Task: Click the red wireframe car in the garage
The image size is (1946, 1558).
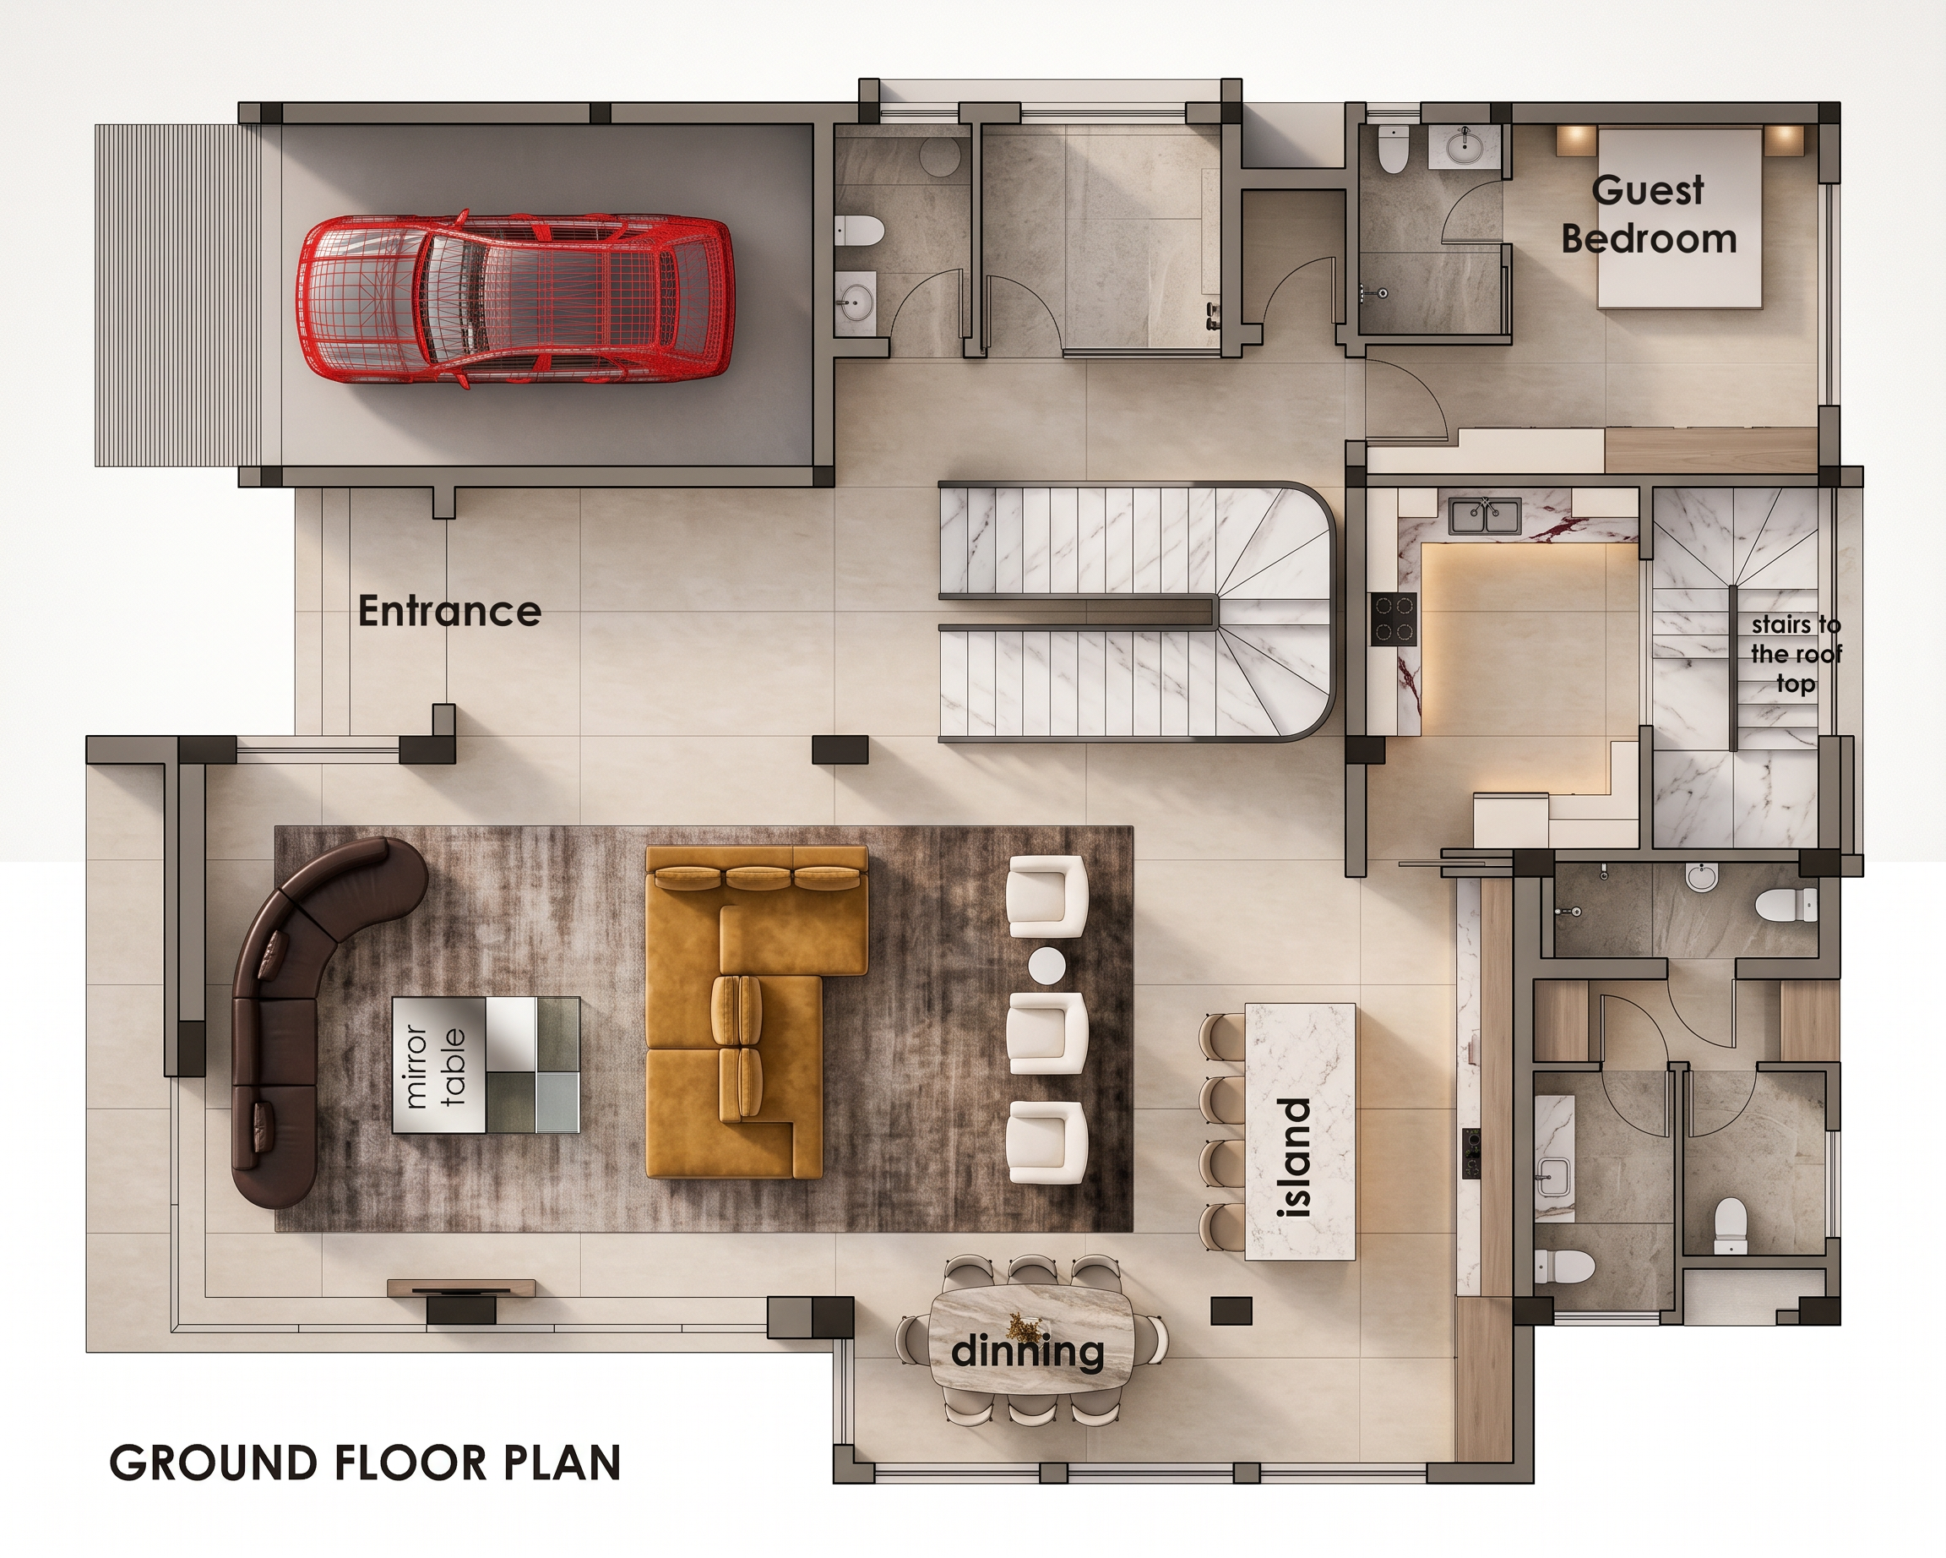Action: [514, 299]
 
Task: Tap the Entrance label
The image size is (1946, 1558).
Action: [449, 611]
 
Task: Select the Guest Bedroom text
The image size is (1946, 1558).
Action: [1648, 215]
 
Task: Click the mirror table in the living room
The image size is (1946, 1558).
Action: [486, 1065]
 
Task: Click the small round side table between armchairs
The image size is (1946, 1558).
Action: [1047, 967]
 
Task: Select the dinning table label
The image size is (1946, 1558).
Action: [1027, 1351]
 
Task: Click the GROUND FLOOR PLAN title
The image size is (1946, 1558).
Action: [365, 1463]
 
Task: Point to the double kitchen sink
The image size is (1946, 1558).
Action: [1485, 516]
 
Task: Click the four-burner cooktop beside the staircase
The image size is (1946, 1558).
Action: [1394, 619]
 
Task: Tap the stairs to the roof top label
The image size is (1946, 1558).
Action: [1797, 655]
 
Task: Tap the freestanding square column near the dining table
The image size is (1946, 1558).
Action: [1231, 1310]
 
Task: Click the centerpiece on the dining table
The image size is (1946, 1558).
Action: [1024, 1325]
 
